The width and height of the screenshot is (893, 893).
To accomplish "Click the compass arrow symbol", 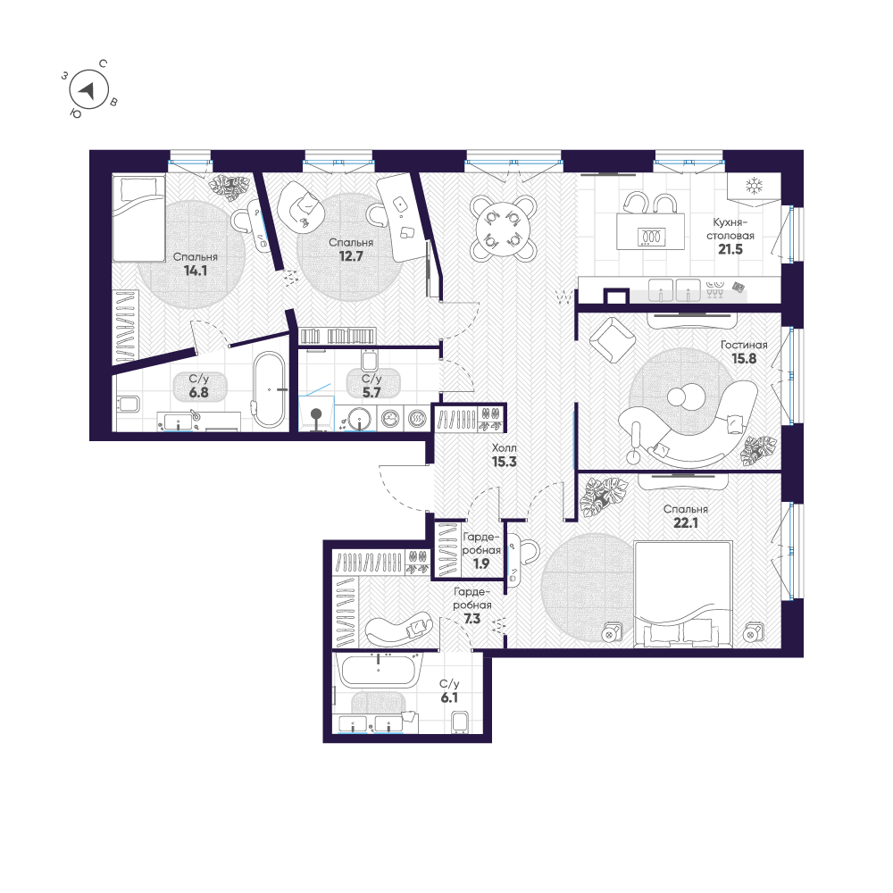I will click(x=88, y=90).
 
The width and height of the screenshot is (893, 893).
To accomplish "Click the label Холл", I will click(x=504, y=447).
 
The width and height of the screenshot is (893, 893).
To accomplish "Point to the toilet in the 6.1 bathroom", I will click(x=462, y=721).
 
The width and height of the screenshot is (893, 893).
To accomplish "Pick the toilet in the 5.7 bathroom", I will click(x=371, y=360).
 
